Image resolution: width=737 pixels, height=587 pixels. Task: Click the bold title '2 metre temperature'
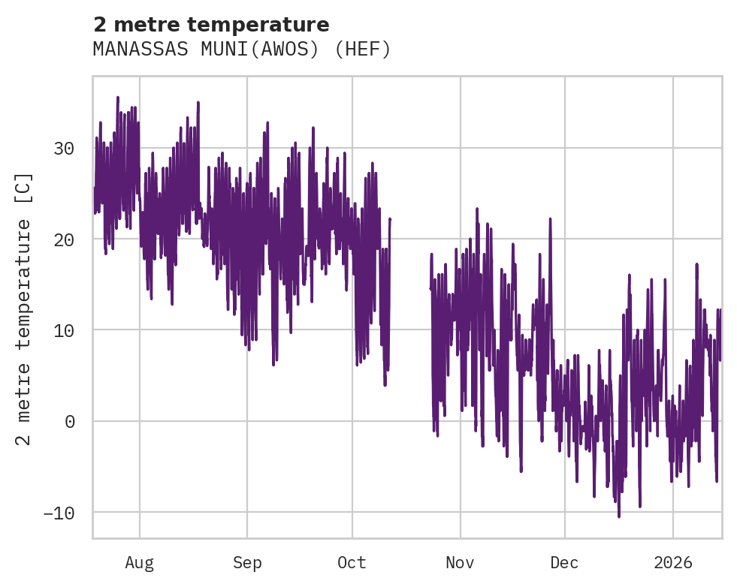click(211, 25)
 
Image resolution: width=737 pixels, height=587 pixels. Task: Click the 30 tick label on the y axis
click(64, 148)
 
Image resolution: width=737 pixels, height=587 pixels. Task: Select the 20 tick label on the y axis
click(64, 239)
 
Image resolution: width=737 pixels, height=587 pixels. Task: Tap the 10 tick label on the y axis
click(64, 330)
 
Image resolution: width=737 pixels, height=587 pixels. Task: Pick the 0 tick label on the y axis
click(69, 421)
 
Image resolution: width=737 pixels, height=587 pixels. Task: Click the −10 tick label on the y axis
click(59, 513)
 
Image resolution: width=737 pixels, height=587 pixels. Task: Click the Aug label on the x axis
click(139, 563)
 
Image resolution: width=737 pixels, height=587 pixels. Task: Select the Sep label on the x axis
click(246, 563)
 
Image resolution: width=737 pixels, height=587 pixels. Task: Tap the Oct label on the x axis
click(352, 563)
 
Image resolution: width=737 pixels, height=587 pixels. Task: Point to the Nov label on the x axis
click(460, 563)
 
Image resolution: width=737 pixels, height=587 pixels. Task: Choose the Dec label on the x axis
click(564, 563)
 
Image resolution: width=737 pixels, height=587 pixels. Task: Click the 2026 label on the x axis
click(672, 563)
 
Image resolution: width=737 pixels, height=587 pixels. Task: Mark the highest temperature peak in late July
click(118, 98)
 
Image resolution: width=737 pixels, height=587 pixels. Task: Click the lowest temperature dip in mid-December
click(619, 516)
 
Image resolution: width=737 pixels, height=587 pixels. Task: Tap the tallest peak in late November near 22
click(550, 219)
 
